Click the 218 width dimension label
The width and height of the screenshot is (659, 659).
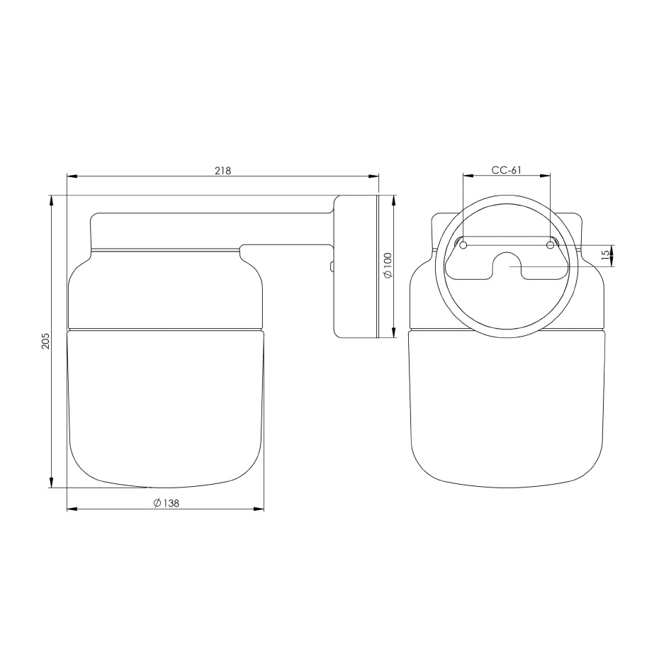(223, 170)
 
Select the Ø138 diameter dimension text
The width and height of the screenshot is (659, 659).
(165, 503)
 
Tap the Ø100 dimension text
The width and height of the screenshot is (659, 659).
(387, 266)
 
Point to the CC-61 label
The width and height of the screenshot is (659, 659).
(506, 170)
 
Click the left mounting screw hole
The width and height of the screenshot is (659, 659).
(463, 245)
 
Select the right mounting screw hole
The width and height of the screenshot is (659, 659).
(550, 245)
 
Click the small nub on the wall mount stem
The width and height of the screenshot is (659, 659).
(331, 266)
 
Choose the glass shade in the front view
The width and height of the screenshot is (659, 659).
(507, 404)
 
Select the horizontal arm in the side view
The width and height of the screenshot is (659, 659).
(213, 228)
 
